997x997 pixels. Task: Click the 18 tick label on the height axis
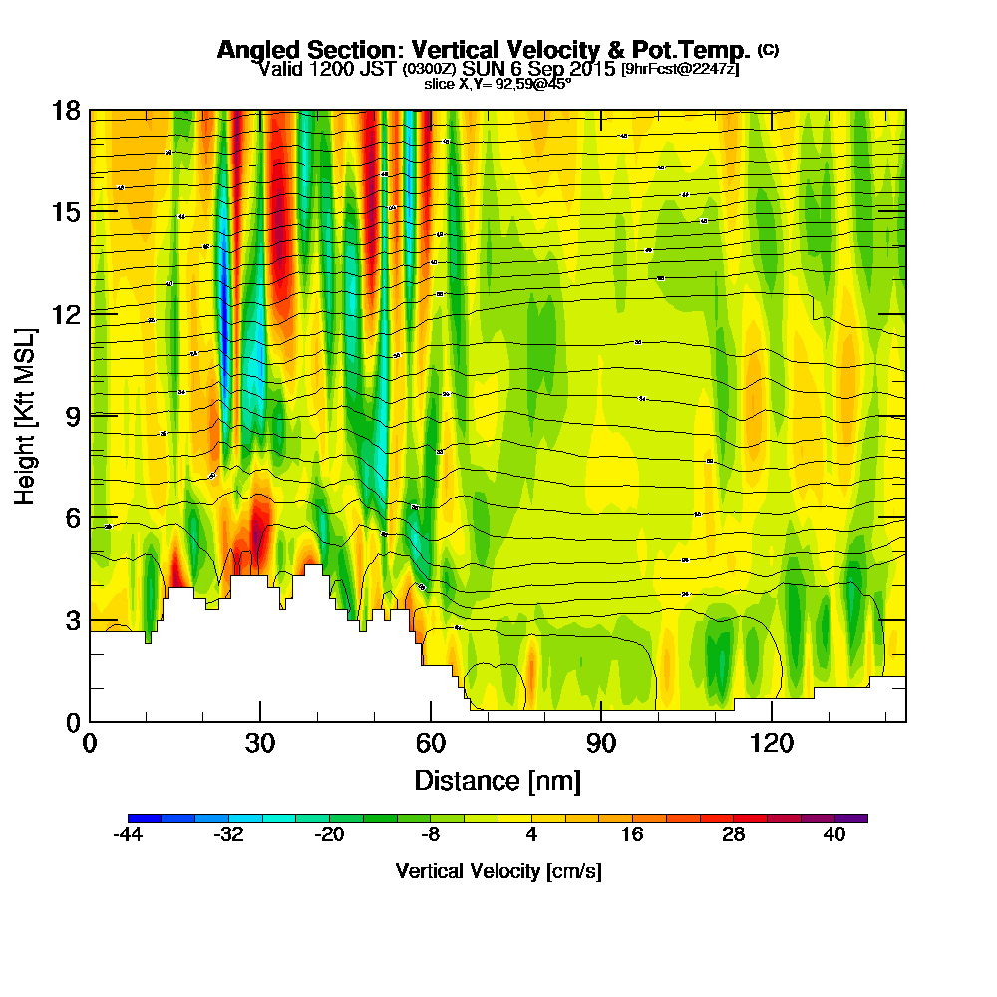click(x=66, y=110)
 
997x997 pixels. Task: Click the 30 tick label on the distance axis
click(x=259, y=743)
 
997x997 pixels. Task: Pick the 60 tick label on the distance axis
click(x=430, y=743)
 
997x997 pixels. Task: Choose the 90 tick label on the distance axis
click(x=601, y=743)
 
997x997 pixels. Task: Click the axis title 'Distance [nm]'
click(x=498, y=779)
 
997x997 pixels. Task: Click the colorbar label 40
click(x=834, y=836)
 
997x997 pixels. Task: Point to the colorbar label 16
click(x=632, y=836)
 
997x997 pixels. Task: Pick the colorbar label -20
click(x=330, y=836)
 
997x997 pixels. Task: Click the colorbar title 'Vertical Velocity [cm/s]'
click(x=498, y=871)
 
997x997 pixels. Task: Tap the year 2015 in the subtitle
click(x=589, y=69)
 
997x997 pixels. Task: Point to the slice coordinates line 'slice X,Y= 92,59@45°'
click(x=498, y=84)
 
